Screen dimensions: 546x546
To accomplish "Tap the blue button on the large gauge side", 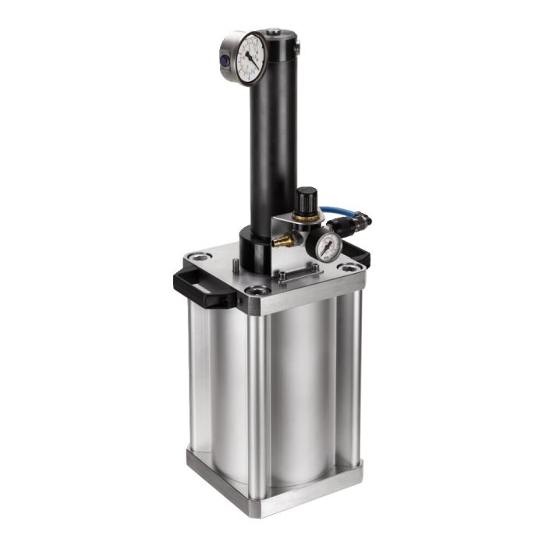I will (x=224, y=58).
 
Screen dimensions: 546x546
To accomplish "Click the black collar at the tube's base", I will (x=257, y=251).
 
